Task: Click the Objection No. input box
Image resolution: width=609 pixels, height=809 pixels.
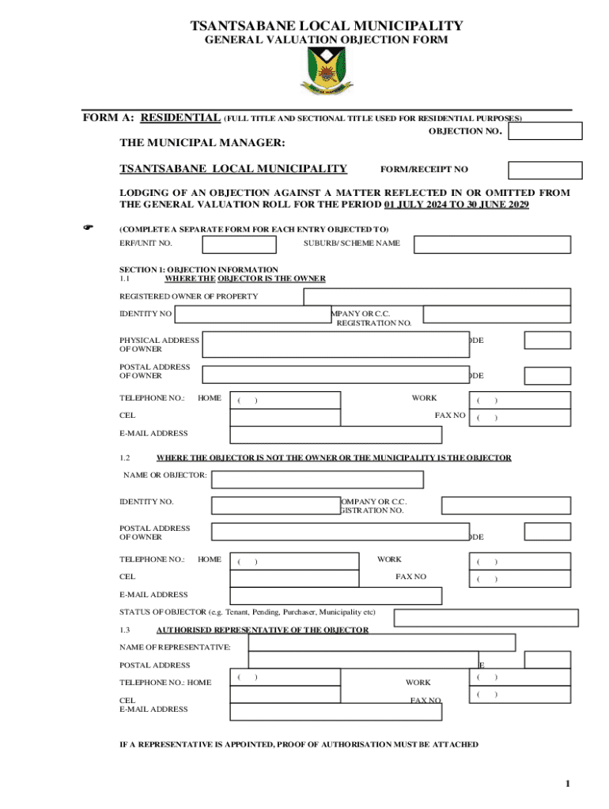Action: pos(545,131)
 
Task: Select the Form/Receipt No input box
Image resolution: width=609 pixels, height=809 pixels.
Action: pos(545,170)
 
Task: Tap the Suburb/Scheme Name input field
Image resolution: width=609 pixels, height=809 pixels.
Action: pos(492,244)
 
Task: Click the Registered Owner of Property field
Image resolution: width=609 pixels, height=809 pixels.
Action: pos(437,296)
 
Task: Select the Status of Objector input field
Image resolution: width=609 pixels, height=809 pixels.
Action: pos(482,617)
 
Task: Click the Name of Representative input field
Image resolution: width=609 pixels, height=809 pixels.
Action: pos(381,642)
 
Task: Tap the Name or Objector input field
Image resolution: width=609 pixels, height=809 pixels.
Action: pos(317,480)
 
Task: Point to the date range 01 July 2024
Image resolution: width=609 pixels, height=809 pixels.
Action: pos(415,205)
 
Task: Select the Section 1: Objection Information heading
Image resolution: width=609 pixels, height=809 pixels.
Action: pos(199,269)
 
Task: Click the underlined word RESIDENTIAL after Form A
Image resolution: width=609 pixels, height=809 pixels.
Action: pos(180,118)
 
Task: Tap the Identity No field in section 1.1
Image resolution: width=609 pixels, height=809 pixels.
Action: pos(252,314)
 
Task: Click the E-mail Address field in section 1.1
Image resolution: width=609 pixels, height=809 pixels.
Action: pos(335,435)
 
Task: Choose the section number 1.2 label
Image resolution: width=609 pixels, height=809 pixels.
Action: pos(124,457)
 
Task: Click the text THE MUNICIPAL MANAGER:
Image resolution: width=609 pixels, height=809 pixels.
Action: pos(202,143)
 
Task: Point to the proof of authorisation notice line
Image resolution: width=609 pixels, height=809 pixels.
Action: pos(299,744)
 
